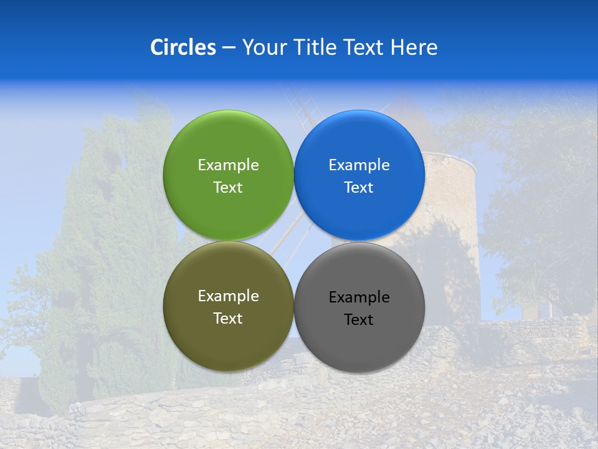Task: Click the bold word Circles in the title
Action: click(183, 47)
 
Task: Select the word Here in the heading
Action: click(414, 47)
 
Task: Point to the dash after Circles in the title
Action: click(228, 49)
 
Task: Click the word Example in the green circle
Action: click(228, 165)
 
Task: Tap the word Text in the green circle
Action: click(228, 187)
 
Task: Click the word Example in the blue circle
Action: click(359, 165)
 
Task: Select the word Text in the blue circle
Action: click(359, 187)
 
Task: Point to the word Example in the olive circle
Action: click(228, 296)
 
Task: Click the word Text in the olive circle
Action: click(228, 318)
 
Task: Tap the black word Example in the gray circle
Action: click(359, 297)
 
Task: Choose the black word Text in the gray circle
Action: click(359, 320)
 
